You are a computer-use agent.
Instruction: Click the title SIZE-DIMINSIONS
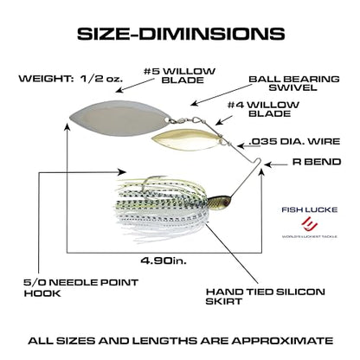click(181, 34)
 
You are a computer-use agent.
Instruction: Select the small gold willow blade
click(185, 139)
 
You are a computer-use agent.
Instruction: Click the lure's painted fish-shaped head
click(219, 200)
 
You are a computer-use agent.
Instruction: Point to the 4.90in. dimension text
click(164, 260)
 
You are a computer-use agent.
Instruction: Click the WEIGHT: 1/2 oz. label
click(71, 79)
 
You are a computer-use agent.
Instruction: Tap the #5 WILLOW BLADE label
click(179, 75)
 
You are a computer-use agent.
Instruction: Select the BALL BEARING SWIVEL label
click(294, 83)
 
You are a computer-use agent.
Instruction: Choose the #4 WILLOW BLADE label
click(263, 109)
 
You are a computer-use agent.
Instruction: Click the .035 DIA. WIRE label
click(294, 141)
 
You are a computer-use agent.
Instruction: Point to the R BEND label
click(317, 162)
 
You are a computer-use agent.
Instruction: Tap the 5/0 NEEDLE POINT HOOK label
click(81, 287)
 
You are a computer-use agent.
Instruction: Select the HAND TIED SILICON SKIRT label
click(266, 296)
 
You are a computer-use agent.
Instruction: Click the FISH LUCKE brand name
click(310, 209)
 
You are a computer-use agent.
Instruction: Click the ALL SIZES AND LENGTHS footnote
click(181, 341)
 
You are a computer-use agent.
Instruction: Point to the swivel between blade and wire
click(181, 119)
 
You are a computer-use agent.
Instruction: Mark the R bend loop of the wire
click(259, 161)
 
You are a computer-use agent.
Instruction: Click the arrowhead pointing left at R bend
click(267, 164)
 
